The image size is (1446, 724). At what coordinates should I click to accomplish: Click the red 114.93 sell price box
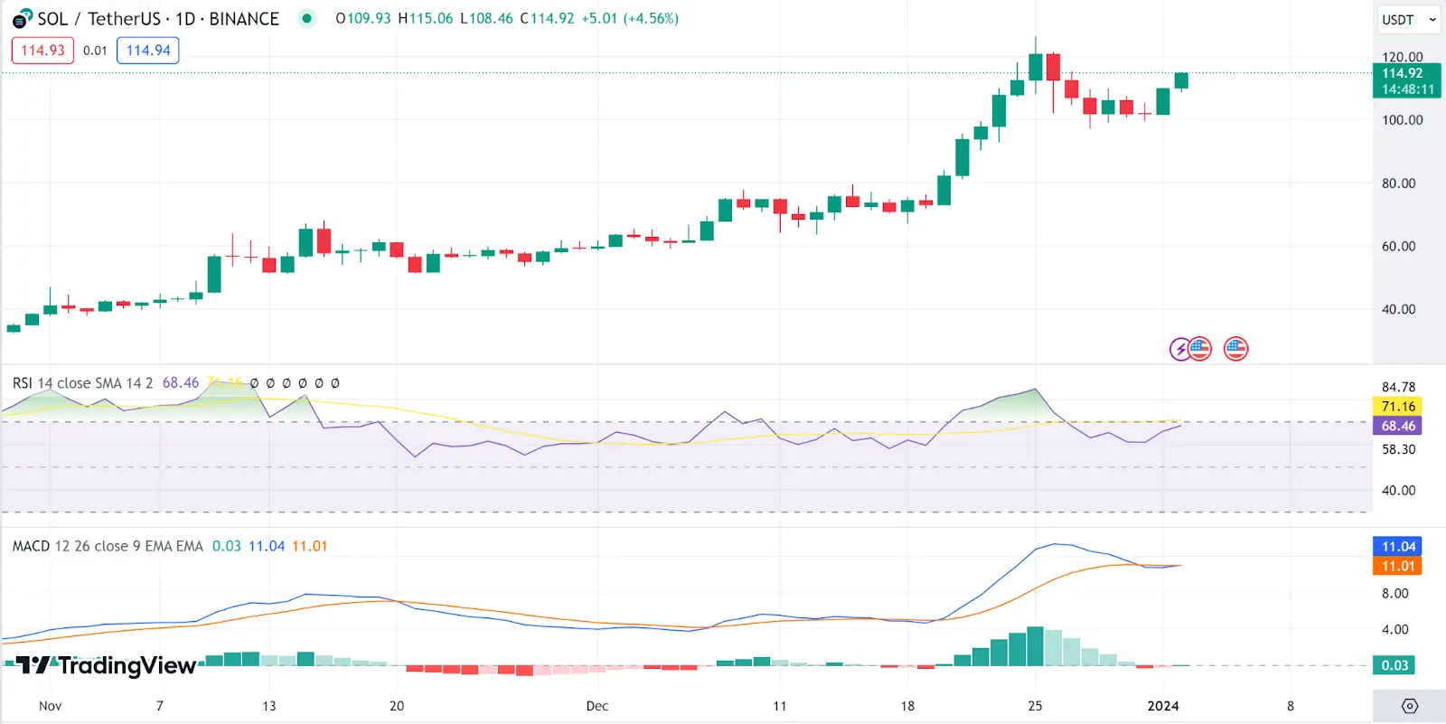(42, 51)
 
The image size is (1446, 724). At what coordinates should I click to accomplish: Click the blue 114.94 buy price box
(148, 51)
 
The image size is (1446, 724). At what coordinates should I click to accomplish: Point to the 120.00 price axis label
(1402, 57)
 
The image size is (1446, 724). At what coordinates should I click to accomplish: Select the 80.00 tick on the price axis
(1398, 183)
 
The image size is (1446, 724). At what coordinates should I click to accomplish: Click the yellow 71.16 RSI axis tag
(1398, 407)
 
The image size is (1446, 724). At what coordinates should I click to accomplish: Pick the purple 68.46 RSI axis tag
(1398, 426)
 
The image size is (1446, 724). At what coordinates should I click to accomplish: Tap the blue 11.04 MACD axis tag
(1398, 547)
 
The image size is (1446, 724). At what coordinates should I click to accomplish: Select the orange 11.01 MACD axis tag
(1398, 566)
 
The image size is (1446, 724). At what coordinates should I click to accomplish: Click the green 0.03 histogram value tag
(1394, 665)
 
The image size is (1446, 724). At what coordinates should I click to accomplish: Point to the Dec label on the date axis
(597, 706)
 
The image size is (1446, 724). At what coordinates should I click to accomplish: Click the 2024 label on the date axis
(1163, 706)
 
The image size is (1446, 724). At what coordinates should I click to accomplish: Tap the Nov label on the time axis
(51, 706)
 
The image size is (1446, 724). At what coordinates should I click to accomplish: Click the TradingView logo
(107, 666)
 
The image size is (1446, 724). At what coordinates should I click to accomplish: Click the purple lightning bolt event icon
(1180, 349)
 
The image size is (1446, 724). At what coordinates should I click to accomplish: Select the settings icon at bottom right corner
(1409, 706)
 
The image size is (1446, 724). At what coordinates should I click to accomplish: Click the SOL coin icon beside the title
(22, 19)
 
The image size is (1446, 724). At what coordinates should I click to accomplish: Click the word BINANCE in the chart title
(244, 19)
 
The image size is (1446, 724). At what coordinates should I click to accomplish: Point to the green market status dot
(307, 18)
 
